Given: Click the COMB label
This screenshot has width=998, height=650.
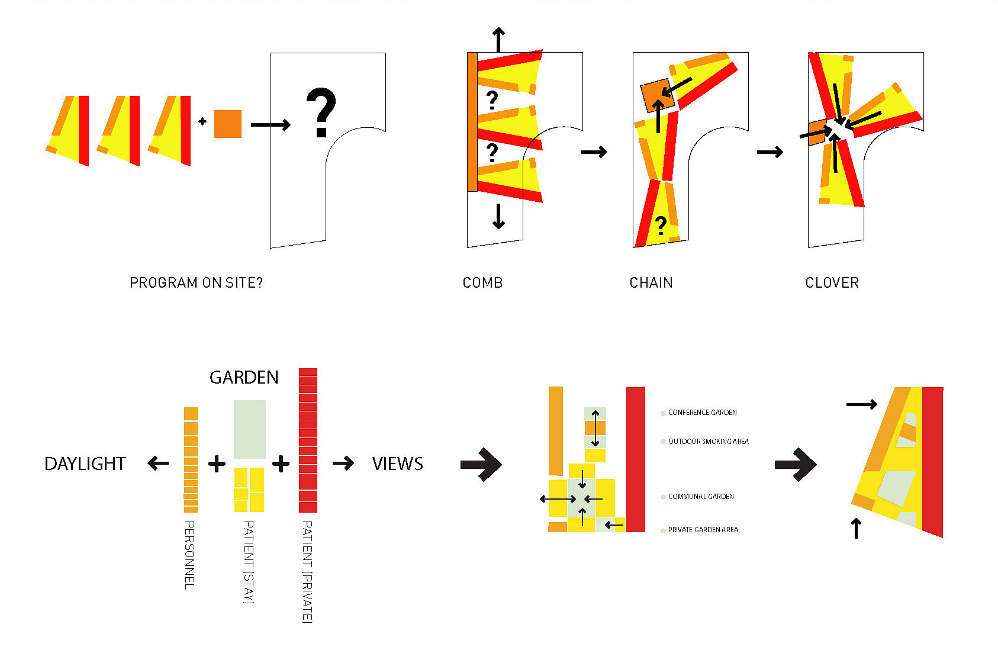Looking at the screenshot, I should [x=482, y=283].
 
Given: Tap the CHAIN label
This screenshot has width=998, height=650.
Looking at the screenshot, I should [x=651, y=283].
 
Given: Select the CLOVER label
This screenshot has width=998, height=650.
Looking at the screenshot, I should [x=832, y=283].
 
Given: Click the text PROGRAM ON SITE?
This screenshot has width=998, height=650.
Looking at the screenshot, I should [x=196, y=283].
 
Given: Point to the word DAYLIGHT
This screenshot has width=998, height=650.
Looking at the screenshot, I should [x=85, y=464].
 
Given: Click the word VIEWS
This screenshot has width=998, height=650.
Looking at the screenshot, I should [x=397, y=464].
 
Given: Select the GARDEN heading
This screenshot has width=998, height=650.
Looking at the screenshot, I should [x=244, y=378].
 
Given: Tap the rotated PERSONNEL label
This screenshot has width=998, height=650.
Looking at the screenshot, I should [x=189, y=555].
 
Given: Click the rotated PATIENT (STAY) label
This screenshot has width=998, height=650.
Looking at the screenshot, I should [x=249, y=562].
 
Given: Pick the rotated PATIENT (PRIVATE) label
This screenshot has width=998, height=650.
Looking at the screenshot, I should [x=307, y=572].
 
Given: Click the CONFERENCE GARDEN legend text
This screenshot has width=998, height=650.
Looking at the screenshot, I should [x=702, y=413].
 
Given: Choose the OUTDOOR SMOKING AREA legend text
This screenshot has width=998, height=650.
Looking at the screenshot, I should [x=708, y=442].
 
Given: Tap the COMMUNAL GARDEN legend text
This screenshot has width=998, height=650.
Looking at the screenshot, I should [x=701, y=497].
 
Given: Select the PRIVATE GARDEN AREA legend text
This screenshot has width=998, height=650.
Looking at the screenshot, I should [x=703, y=530].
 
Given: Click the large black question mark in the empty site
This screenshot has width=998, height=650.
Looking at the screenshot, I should [x=321, y=112].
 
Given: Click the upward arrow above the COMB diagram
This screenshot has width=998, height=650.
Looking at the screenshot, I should [x=499, y=40].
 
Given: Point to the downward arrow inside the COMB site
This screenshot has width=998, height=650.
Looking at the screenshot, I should [x=498, y=216].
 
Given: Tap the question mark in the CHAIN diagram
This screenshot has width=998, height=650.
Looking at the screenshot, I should [x=661, y=225].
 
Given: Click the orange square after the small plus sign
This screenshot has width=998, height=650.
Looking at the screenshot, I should [x=228, y=124].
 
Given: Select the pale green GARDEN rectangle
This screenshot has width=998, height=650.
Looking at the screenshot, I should [x=249, y=429].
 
